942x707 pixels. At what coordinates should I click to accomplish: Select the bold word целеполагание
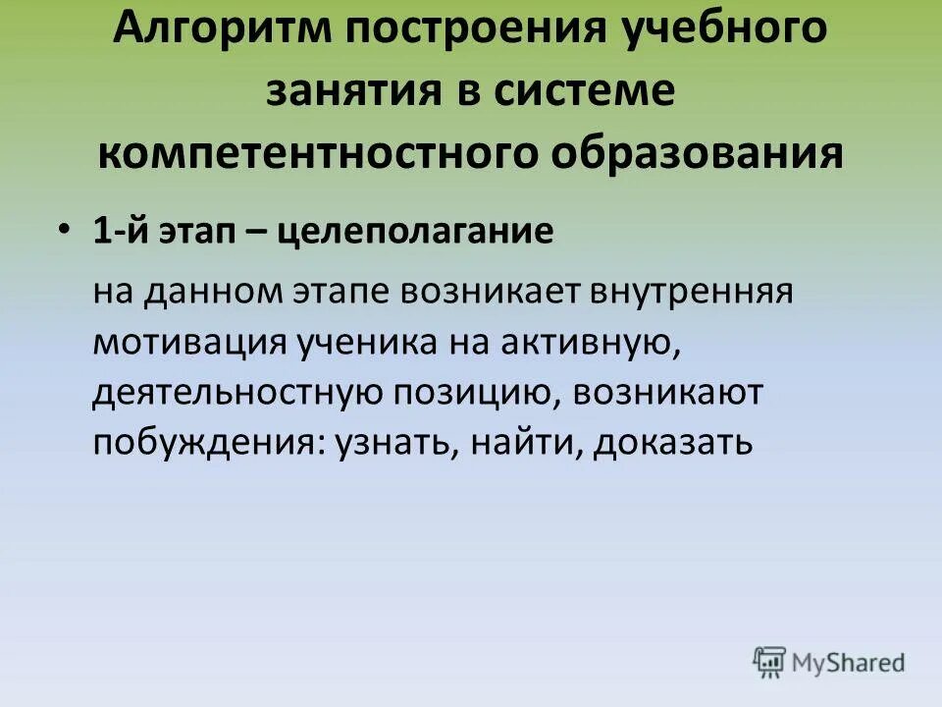pos(416,233)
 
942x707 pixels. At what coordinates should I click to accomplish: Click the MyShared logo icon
pos(770,662)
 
